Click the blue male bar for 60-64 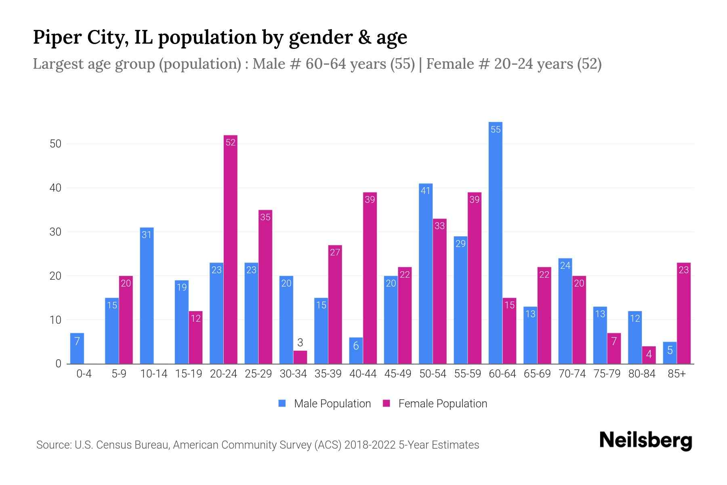coord(495,242)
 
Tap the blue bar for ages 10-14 coord(147,295)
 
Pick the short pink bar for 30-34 coord(300,357)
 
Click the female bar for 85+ coord(683,313)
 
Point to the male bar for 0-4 coord(77,348)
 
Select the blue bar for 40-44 coord(356,351)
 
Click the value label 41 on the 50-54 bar coord(425,191)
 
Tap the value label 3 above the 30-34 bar coord(300,343)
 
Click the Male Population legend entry coord(325,403)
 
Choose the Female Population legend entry coord(435,403)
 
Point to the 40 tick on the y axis coord(55,188)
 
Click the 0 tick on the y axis coord(58,364)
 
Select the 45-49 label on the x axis coord(398,374)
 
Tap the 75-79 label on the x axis coord(607,374)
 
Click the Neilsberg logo coord(645,441)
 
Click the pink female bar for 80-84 coord(649,355)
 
